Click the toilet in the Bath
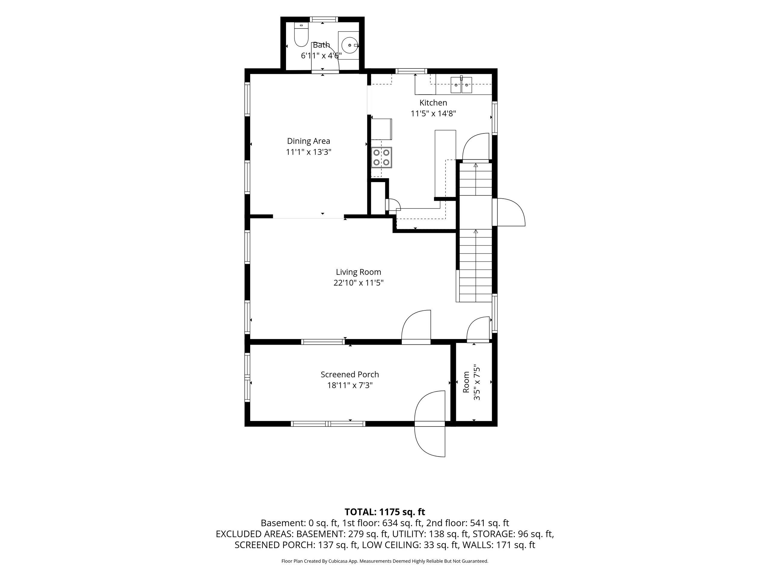pos(300,35)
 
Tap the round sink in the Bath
pos(350,45)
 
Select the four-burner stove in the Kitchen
pos(381,157)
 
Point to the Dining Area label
pos(308,141)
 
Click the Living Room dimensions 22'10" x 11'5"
pos(359,283)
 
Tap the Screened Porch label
pos(350,374)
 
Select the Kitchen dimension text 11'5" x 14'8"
pos(433,113)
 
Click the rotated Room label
pos(466,382)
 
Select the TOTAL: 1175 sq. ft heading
pos(385,512)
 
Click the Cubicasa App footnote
pos(385,561)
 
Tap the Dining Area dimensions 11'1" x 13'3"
pos(308,152)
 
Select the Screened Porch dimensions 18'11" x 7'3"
pos(350,385)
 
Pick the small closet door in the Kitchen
pos(393,205)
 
